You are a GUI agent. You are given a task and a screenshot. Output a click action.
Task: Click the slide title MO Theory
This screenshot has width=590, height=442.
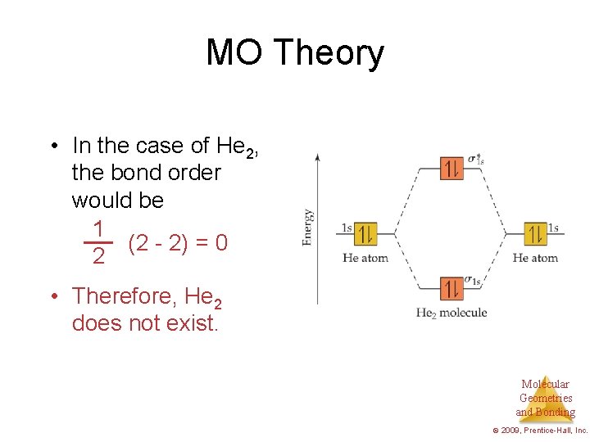click(294, 52)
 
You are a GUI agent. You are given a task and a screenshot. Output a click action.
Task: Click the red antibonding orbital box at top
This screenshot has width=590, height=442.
click(452, 169)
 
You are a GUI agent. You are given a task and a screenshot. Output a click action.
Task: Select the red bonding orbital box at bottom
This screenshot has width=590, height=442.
click(452, 289)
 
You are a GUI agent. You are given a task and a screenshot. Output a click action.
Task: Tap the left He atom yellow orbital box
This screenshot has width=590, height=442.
click(365, 233)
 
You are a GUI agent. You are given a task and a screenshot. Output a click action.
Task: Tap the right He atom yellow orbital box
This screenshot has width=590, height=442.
click(535, 234)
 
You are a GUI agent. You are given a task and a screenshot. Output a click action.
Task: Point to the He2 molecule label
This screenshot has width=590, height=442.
click(452, 313)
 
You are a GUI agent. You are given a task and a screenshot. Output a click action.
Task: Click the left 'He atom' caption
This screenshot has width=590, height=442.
click(365, 258)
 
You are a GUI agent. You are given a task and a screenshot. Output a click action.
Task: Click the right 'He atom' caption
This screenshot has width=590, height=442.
click(535, 258)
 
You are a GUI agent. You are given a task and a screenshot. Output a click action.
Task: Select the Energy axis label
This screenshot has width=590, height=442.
click(306, 227)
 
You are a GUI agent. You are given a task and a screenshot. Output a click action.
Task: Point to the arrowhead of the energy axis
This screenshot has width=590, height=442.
click(317, 156)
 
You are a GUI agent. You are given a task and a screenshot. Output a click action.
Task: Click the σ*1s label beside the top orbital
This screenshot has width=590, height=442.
click(476, 160)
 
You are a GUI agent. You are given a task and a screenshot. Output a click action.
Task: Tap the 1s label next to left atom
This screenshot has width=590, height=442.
click(347, 228)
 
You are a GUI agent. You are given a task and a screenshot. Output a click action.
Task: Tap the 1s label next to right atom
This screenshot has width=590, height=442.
click(554, 228)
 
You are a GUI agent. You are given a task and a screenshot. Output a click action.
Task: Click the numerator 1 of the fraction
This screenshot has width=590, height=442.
click(98, 228)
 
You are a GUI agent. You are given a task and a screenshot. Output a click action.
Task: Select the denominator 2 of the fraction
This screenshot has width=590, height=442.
click(98, 257)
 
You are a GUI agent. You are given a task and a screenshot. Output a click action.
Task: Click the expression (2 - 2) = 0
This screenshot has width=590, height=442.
click(178, 243)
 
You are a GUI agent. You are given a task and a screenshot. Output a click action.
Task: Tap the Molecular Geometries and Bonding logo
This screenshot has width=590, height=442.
click(546, 398)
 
